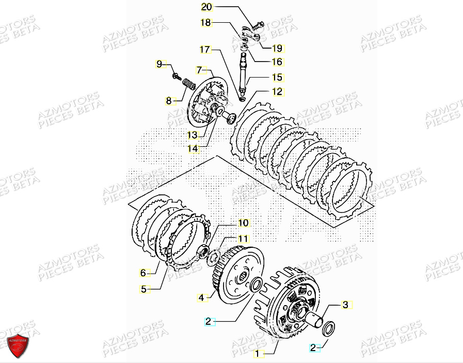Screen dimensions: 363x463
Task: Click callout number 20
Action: coord(206,7)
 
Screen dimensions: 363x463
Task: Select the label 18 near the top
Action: coord(206,23)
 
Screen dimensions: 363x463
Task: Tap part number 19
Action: coord(277,48)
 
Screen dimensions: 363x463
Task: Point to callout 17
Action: coord(206,50)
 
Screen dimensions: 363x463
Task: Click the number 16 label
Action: coord(277,62)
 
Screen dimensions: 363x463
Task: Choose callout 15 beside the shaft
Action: coord(277,78)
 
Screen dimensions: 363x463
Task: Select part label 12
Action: coord(277,92)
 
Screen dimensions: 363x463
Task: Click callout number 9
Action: coord(159,64)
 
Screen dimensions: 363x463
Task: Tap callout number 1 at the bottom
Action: coord(258,354)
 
